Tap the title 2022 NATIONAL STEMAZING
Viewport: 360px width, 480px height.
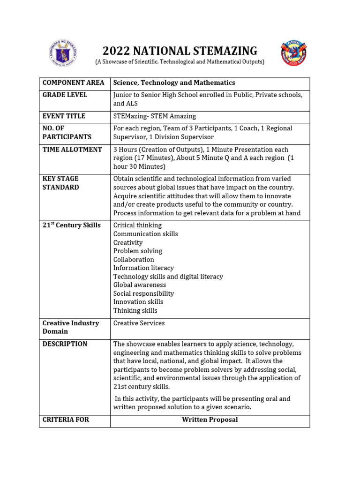(x=180, y=51)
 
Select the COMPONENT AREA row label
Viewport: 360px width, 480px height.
(x=73, y=82)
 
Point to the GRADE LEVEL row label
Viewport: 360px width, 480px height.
(x=65, y=95)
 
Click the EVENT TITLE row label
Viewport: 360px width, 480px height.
(x=64, y=116)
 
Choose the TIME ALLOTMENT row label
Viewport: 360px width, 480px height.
(x=72, y=150)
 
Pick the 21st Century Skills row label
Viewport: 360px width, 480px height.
(x=71, y=225)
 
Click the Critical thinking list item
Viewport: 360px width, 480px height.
(x=137, y=225)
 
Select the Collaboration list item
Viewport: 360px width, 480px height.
(x=134, y=259)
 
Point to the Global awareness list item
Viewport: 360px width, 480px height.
(x=140, y=285)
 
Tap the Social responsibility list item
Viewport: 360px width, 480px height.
(x=143, y=293)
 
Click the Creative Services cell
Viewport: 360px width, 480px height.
(x=139, y=323)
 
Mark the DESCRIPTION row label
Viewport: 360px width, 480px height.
(x=65, y=344)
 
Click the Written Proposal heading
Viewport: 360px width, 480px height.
(x=210, y=420)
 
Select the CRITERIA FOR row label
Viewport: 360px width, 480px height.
(x=66, y=420)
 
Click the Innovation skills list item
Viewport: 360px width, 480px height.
(x=138, y=302)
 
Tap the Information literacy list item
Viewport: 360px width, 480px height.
(x=143, y=268)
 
